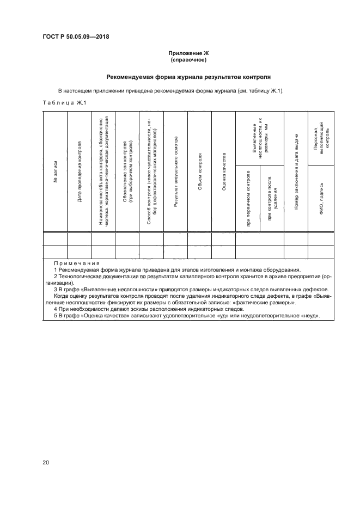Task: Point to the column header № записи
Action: (56, 171)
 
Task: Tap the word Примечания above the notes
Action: (75, 263)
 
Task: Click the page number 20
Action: (46, 463)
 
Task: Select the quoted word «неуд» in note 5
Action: (310, 316)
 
